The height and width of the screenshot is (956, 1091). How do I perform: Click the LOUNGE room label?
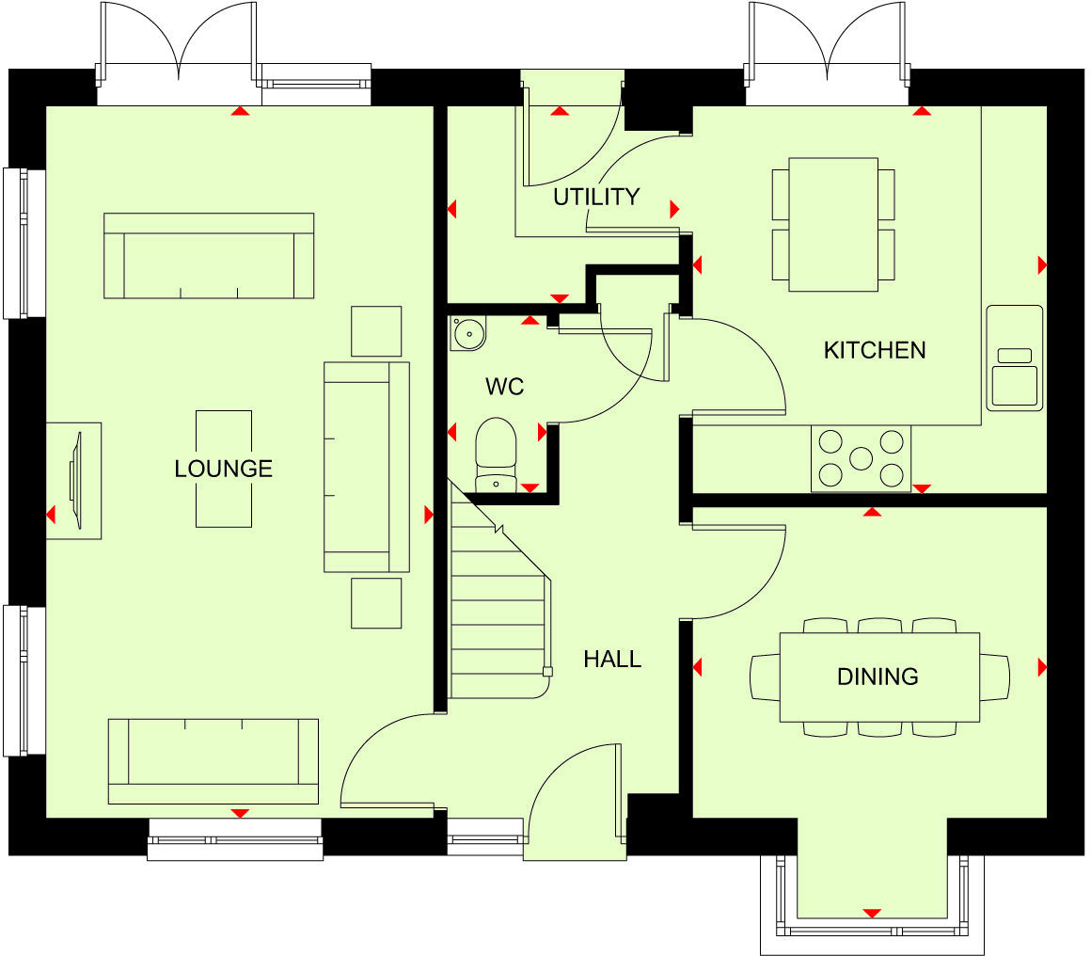(x=224, y=469)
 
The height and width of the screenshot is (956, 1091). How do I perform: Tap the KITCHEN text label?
(x=875, y=350)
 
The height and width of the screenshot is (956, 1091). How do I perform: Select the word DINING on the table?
(x=878, y=677)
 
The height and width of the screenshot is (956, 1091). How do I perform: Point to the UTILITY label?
(x=596, y=197)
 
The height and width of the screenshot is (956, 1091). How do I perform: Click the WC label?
(x=504, y=387)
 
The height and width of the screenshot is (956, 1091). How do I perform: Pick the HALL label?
(x=612, y=659)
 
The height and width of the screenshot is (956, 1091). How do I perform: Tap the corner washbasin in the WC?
(x=466, y=333)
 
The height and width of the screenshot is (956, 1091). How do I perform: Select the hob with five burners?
(x=861, y=458)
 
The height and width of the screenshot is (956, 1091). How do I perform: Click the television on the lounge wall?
(x=74, y=480)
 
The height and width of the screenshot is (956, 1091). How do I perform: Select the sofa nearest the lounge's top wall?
(x=209, y=256)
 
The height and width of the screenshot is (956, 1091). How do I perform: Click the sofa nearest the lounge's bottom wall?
(x=213, y=760)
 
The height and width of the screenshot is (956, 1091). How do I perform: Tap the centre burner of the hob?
(x=862, y=458)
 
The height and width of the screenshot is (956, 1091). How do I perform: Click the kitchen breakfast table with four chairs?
(x=833, y=225)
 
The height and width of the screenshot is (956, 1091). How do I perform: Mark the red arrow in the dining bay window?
(x=872, y=913)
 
